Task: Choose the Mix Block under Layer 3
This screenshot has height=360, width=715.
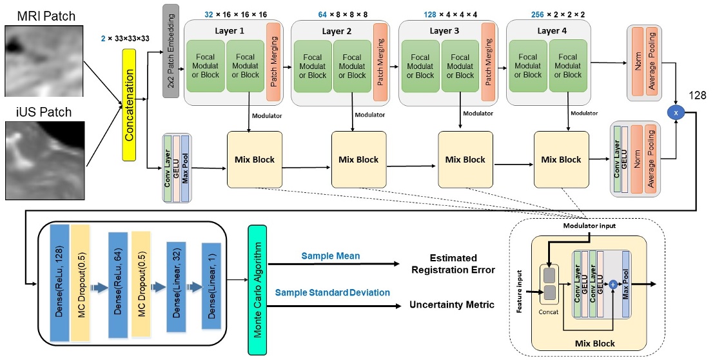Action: [465, 159]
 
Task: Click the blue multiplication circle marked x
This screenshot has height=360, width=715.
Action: [676, 114]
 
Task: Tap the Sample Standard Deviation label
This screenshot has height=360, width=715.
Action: [332, 293]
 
